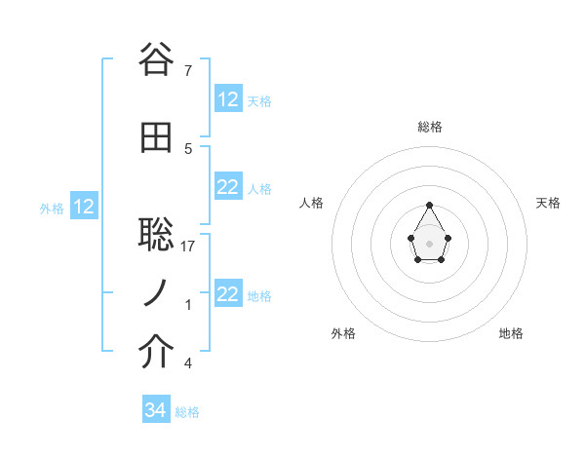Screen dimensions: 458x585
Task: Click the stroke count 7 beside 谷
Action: (187, 70)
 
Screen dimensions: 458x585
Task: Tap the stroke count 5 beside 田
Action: (187, 149)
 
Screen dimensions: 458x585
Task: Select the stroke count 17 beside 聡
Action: (189, 246)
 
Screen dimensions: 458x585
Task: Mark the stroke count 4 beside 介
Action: (187, 363)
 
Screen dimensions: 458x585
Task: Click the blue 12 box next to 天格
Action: (228, 99)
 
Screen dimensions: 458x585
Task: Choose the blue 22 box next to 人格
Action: (228, 187)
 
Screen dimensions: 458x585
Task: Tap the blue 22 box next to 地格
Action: (228, 294)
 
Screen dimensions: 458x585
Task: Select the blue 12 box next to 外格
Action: (84, 207)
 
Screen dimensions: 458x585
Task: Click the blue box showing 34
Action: (155, 410)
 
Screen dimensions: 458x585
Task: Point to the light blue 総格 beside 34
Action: (187, 412)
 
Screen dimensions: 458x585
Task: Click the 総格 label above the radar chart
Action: (430, 127)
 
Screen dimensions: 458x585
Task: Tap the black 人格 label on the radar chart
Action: (312, 203)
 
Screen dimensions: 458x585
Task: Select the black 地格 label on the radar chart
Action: (511, 333)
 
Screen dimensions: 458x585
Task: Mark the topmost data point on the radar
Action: (430, 205)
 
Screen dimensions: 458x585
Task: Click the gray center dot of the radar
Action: (430, 242)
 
